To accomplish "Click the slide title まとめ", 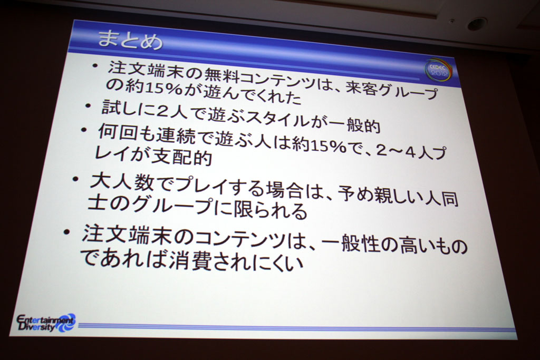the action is [130, 40].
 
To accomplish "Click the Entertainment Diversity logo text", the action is [45, 323].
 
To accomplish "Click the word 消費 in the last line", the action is [190, 260].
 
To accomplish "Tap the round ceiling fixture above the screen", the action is [477, 23].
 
